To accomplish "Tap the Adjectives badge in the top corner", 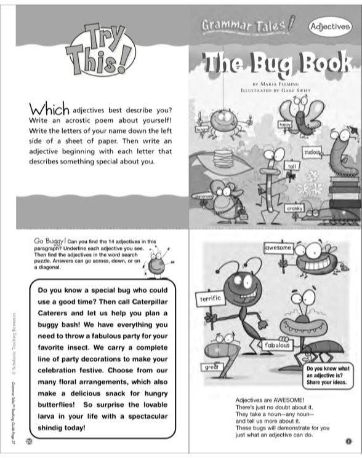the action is (x=333, y=27).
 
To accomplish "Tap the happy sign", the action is (x=285, y=124).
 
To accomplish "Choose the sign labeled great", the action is (x=211, y=367).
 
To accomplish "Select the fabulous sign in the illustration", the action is (x=278, y=345).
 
